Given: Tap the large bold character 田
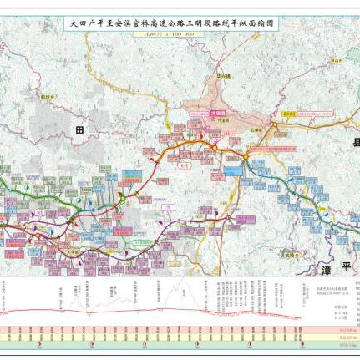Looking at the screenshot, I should (x=80, y=129).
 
